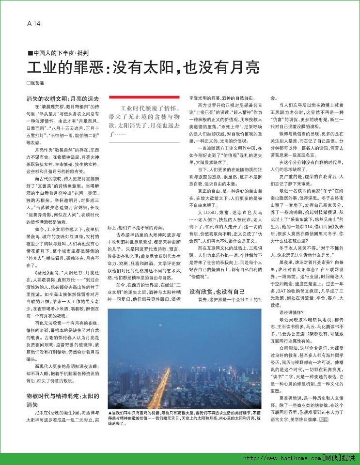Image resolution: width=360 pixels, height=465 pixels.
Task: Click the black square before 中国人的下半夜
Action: point(30,53)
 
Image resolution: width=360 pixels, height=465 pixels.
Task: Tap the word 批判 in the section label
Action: point(82,53)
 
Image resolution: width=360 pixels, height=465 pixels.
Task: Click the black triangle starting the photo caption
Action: point(111,411)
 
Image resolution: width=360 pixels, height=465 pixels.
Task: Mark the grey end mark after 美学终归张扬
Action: point(326,418)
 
